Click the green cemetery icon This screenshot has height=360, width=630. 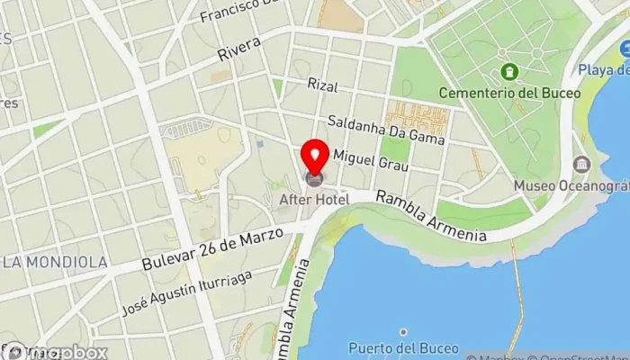pyautogui.click(x=510, y=71)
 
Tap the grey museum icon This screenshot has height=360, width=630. pyautogui.click(x=581, y=165)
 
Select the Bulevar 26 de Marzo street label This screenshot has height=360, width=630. pyautogui.click(x=212, y=249)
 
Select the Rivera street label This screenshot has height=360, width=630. pyautogui.click(x=238, y=49)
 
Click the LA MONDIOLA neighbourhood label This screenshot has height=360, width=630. pyautogui.click(x=56, y=262)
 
